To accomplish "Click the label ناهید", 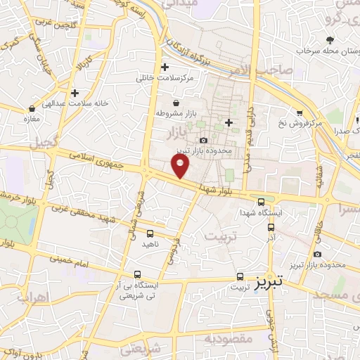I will point(150,244).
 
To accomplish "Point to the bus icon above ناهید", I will point(150,233).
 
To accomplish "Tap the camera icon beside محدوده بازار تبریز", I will point(204,141).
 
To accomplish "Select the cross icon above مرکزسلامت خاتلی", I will point(165,67).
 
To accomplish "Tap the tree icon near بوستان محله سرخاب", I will point(330,40).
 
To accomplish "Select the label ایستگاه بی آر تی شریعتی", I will point(138,290).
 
